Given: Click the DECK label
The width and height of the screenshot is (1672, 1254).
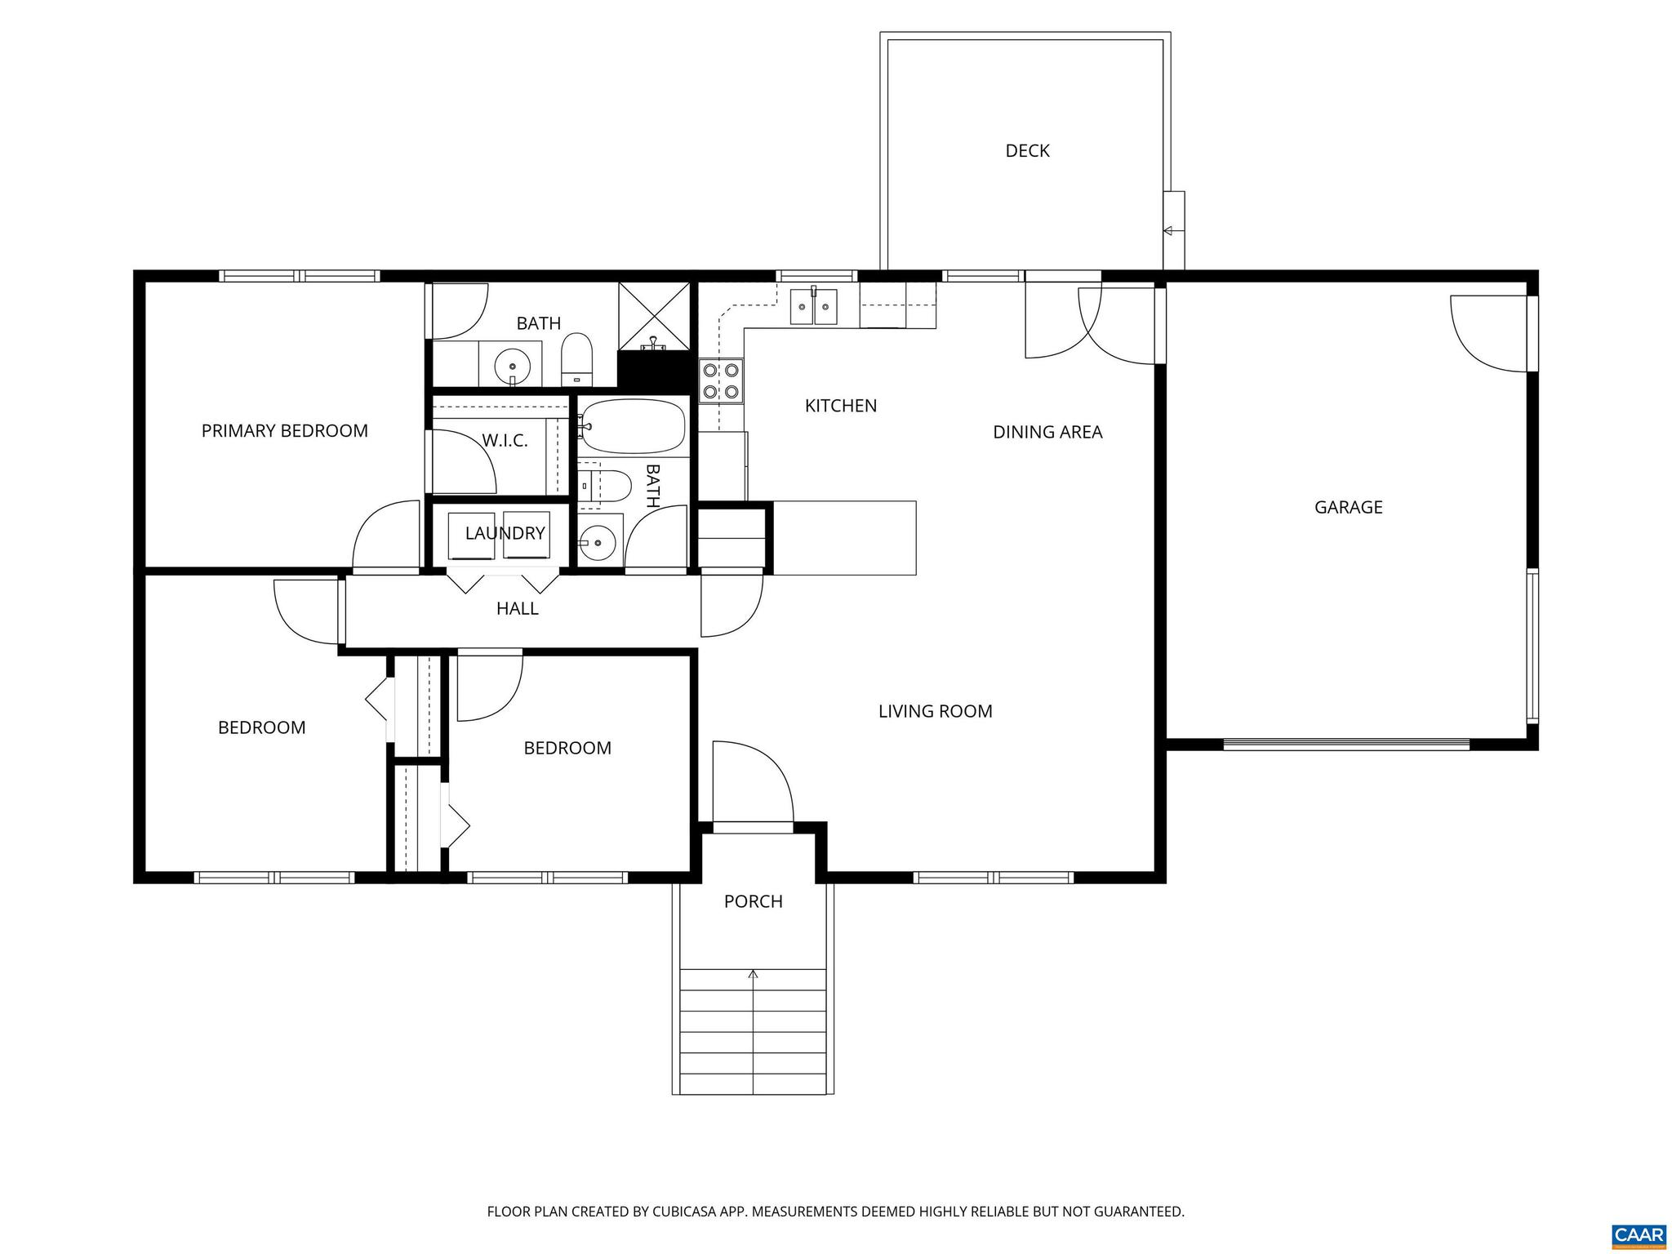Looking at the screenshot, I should (1027, 151).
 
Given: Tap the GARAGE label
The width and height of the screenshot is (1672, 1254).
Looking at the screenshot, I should (1348, 507).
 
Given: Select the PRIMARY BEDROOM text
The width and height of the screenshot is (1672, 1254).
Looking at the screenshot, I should (284, 430).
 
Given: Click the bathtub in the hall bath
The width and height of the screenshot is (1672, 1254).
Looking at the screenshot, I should (633, 425).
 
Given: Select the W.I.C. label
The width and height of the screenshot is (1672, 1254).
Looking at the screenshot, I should (505, 441).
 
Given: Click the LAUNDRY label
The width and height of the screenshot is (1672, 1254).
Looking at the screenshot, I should (505, 533).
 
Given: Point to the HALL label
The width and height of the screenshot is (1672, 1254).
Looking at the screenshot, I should (517, 608).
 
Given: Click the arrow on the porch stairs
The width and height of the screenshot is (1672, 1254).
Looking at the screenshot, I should (753, 974).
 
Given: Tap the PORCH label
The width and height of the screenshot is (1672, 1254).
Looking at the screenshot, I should (753, 901).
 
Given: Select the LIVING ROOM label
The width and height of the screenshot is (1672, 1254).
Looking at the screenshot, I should (935, 711).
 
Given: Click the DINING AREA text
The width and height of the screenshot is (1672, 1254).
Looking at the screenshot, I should (1047, 432).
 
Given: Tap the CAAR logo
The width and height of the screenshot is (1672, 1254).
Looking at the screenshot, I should (1639, 1234).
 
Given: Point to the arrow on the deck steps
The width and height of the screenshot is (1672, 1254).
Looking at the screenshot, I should (1168, 231).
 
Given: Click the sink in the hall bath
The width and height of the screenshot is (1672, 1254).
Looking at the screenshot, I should (599, 540).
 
